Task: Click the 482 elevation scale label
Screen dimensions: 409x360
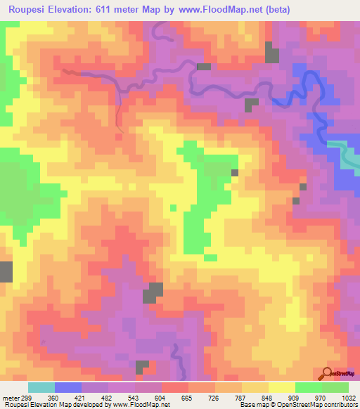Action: click(108, 397)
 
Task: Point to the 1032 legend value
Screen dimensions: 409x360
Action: click(349, 397)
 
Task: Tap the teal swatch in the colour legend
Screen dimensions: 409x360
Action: click(41, 387)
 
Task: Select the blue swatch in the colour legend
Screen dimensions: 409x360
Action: click(68, 387)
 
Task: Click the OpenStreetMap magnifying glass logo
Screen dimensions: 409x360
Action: click(327, 373)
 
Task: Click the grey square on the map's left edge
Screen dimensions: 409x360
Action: click(6, 271)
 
